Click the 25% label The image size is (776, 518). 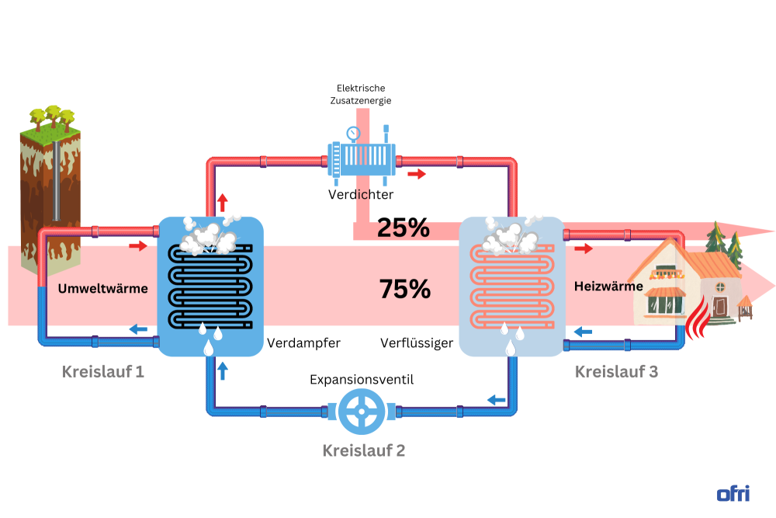(403, 228)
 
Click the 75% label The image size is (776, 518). (404, 289)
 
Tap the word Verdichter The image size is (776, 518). (360, 194)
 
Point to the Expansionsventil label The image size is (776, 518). (362, 380)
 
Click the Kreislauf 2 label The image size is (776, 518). (363, 450)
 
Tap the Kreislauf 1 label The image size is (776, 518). (103, 371)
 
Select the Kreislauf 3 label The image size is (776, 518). (616, 371)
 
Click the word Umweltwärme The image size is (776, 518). (102, 289)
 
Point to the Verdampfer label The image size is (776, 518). (303, 342)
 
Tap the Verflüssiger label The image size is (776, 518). (417, 342)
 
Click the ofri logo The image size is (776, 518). (733, 493)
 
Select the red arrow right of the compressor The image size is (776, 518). (417, 174)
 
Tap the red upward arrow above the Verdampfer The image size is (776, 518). (223, 203)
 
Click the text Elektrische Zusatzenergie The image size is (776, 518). (360, 94)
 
